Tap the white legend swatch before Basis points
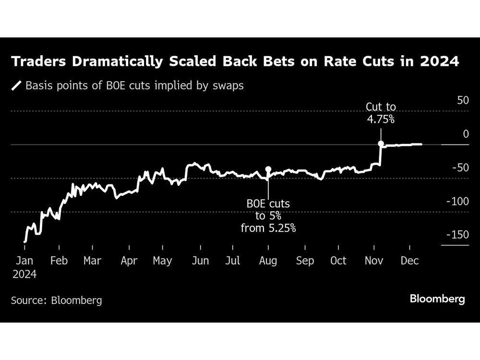17,86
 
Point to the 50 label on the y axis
462,101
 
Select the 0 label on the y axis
465,134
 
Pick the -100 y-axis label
457,201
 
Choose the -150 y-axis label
457,235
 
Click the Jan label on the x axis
24,261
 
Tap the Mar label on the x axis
92,261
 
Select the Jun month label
200,261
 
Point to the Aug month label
268,261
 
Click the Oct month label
338,261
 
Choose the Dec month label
409,261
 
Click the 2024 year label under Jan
24,275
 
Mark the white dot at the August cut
268,169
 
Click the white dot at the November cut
381,144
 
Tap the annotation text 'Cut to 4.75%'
381,113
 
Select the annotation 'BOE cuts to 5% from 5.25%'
268,216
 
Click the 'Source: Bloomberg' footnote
56,300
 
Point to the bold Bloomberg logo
437,299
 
